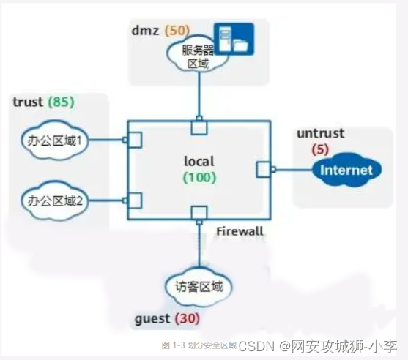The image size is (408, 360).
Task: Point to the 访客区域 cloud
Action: tap(199, 286)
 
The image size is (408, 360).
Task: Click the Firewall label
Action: tap(240, 232)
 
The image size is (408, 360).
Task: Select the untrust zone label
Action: tap(321, 134)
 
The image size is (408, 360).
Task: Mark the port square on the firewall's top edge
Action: tap(198, 127)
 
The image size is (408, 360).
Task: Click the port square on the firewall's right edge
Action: tap(264, 170)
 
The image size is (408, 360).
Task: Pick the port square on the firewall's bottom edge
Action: tap(198, 213)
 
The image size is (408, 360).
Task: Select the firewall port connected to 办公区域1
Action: tap(136, 140)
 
